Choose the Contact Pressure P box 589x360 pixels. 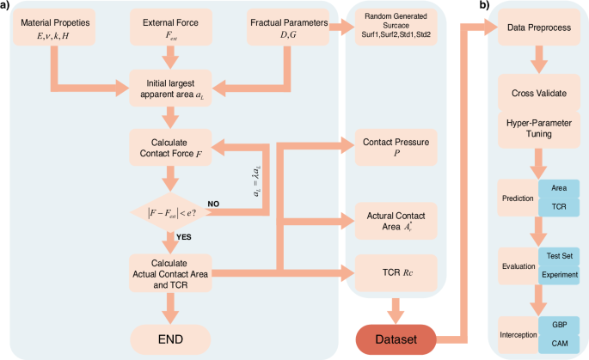(x=396, y=147)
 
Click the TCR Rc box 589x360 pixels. (x=396, y=273)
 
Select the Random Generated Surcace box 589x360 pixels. (x=396, y=27)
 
